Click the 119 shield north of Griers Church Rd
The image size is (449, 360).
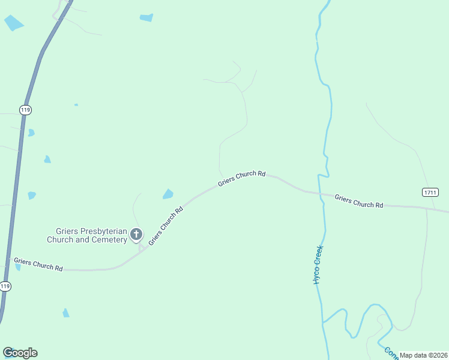pyautogui.click(x=25, y=110)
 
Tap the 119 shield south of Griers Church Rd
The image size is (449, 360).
pyautogui.click(x=5, y=286)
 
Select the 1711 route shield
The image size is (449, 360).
pyautogui.click(x=430, y=192)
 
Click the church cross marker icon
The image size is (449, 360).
pyautogui.click(x=136, y=234)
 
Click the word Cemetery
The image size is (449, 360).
pyautogui.click(x=109, y=239)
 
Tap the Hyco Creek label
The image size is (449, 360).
pyautogui.click(x=318, y=265)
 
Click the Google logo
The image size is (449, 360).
pyautogui.click(x=20, y=353)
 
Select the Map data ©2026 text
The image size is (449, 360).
pyautogui.click(x=423, y=355)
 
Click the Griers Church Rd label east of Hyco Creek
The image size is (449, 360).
pyautogui.click(x=358, y=200)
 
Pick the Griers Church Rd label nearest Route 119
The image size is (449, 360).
pyautogui.click(x=38, y=264)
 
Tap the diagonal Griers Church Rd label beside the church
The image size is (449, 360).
pyautogui.click(x=165, y=226)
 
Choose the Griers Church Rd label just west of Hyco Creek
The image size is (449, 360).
pyautogui.click(x=241, y=178)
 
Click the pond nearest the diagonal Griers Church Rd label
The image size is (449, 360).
pyautogui.click(x=168, y=194)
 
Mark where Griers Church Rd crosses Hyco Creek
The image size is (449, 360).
pyautogui.click(x=319, y=193)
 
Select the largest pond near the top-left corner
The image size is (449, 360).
pyautogui.click(x=13, y=23)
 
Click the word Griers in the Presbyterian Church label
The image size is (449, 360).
pyautogui.click(x=67, y=230)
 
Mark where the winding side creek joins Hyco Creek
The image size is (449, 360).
pyautogui.click(x=323, y=323)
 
